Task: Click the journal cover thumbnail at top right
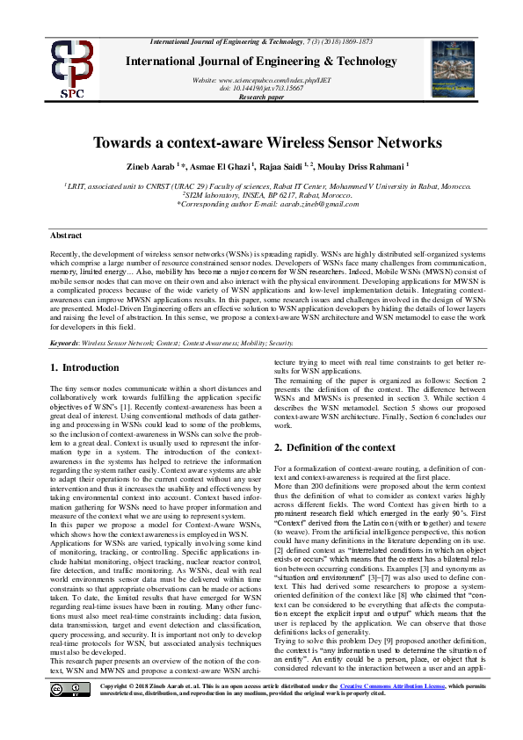pyautogui.click(x=452, y=68)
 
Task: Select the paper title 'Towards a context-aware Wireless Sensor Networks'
pyautogui.click(x=262, y=142)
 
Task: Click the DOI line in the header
pyautogui.click(x=262, y=89)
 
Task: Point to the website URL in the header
pyautogui.click(x=262, y=80)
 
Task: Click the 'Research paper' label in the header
pyautogui.click(x=262, y=97)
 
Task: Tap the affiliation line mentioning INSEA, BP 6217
pyautogui.click(x=262, y=196)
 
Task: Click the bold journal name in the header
pyautogui.click(x=262, y=62)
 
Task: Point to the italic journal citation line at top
pyautogui.click(x=262, y=42)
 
